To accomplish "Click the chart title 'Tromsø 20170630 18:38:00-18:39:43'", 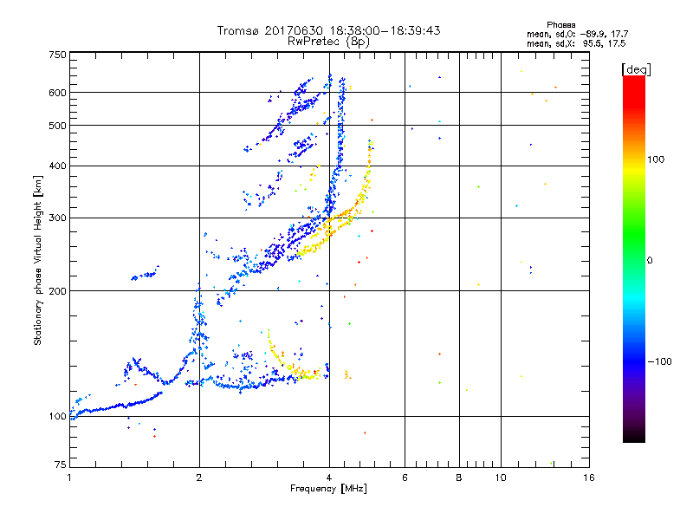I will point(329,30).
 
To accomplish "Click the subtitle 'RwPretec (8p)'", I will point(329,41).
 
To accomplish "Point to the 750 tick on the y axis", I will point(57,55).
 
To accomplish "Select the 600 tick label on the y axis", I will point(57,93).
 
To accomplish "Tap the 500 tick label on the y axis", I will point(57,126).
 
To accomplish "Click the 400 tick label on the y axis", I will point(57,166).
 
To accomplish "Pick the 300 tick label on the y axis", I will point(57,218).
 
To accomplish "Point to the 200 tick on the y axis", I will point(57,290).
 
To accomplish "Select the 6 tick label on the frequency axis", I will point(405,478).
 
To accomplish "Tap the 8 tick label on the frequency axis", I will point(459,478).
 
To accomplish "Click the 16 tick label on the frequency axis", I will point(588,478).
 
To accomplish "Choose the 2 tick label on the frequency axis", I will point(199,478).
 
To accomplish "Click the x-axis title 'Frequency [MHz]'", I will point(328,490).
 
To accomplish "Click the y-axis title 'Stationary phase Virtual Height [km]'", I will point(38,260).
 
